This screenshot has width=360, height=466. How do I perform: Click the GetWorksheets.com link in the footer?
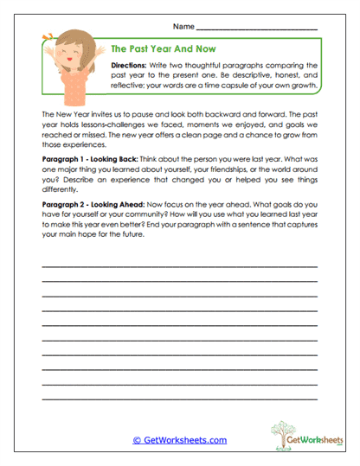179,439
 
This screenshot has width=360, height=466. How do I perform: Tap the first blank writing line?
179,266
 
